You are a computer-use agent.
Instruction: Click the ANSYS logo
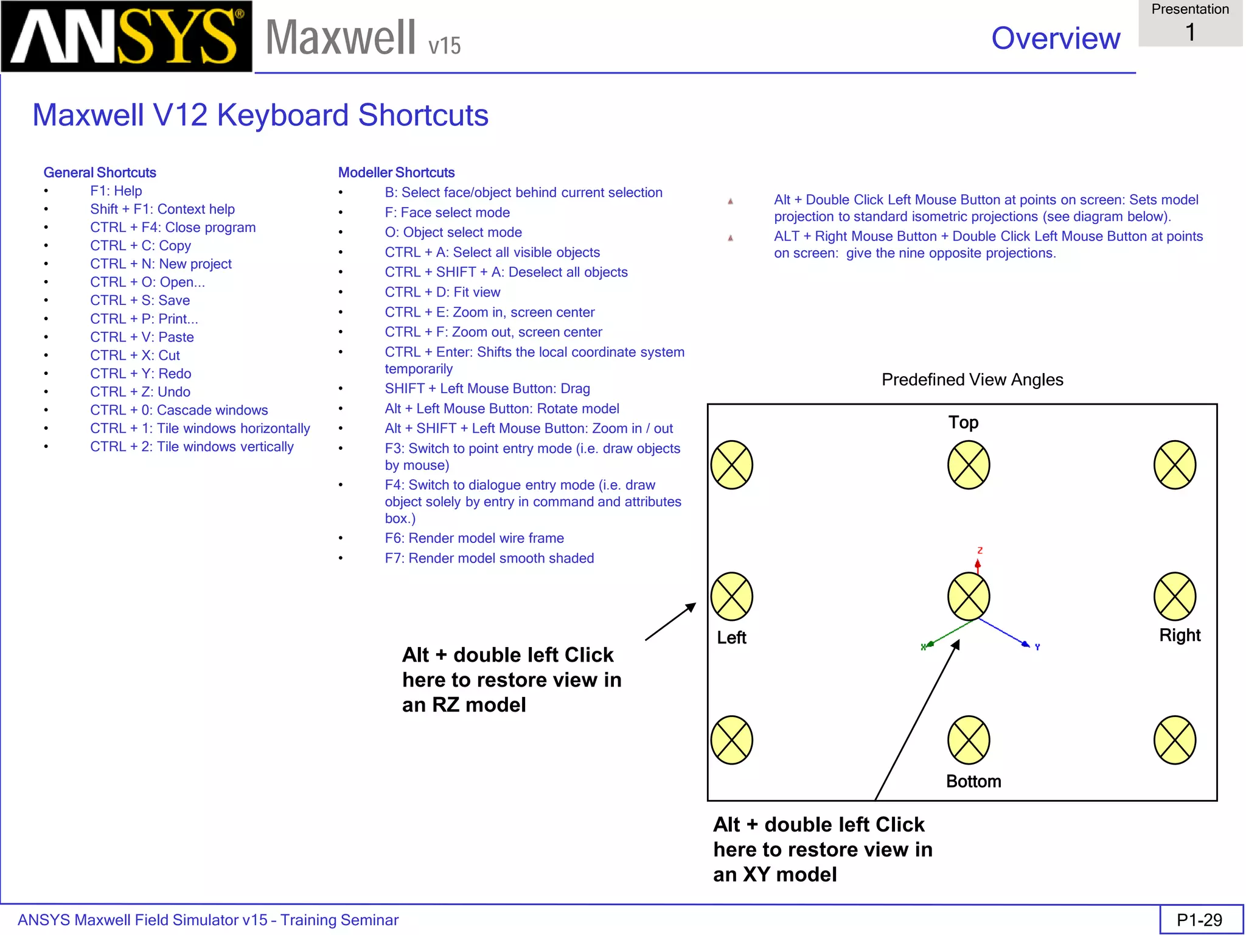pyautogui.click(x=127, y=37)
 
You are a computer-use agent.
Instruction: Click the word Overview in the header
pyautogui.click(x=1056, y=38)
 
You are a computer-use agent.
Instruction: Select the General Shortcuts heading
pyautogui.click(x=100, y=172)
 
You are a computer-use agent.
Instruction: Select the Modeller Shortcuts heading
pyautogui.click(x=396, y=172)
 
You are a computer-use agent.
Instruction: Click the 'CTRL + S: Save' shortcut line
pyautogui.click(x=140, y=300)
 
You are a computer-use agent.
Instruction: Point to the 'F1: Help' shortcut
pyautogui.click(x=116, y=191)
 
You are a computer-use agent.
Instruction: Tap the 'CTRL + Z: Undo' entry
pyautogui.click(x=140, y=391)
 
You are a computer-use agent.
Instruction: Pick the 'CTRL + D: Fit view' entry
pyautogui.click(x=442, y=292)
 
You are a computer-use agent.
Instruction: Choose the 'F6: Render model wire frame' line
pyautogui.click(x=474, y=538)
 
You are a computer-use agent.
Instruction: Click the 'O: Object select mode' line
pyautogui.click(x=453, y=233)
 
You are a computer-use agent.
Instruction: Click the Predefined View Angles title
pyautogui.click(x=972, y=380)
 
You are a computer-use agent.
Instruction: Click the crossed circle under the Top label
pyautogui.click(x=969, y=465)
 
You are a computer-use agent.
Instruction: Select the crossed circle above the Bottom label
pyautogui.click(x=969, y=740)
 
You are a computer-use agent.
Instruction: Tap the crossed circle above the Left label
pyautogui.click(x=732, y=597)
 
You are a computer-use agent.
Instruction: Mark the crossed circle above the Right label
pyautogui.click(x=1175, y=597)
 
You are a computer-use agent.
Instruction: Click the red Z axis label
pyautogui.click(x=980, y=550)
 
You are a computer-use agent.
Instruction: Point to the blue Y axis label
pyautogui.click(x=1037, y=647)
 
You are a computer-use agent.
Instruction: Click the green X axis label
pyautogui.click(x=923, y=647)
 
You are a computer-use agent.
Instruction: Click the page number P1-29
pyautogui.click(x=1199, y=920)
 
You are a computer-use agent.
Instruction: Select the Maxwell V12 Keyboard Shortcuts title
pyautogui.click(x=260, y=115)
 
